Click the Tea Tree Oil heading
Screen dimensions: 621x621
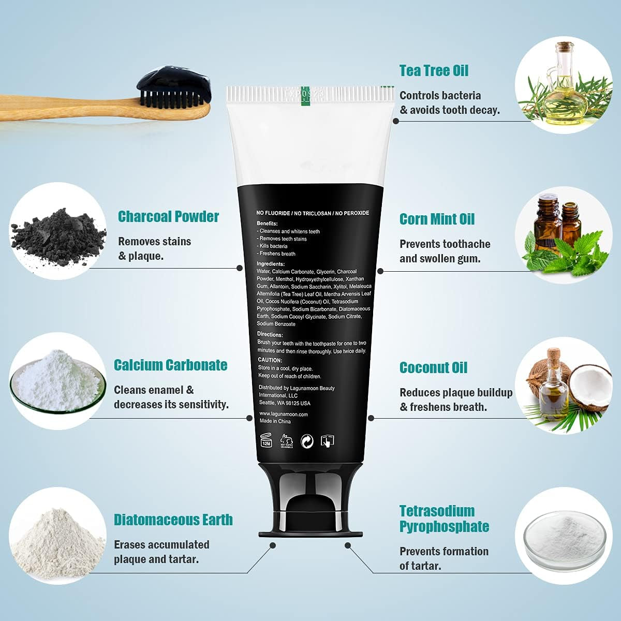(434, 70)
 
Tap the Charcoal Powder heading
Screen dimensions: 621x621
(168, 216)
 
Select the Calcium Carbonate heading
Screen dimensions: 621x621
(170, 365)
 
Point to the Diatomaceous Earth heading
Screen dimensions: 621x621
(173, 520)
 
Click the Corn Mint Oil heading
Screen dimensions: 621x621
(437, 219)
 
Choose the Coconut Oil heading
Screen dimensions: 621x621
(434, 368)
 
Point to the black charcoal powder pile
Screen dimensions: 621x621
(58, 236)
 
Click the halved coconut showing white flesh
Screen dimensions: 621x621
(589, 388)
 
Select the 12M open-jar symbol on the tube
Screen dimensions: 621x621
(266, 440)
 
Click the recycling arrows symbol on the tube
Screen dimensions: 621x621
(307, 441)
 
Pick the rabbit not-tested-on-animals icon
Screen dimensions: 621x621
(287, 441)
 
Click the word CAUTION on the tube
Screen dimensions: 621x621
(270, 360)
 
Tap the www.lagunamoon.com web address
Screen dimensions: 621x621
(284, 414)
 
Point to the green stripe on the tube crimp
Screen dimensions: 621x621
(305, 96)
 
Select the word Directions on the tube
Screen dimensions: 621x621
(270, 334)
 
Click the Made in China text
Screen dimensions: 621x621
(275, 421)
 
